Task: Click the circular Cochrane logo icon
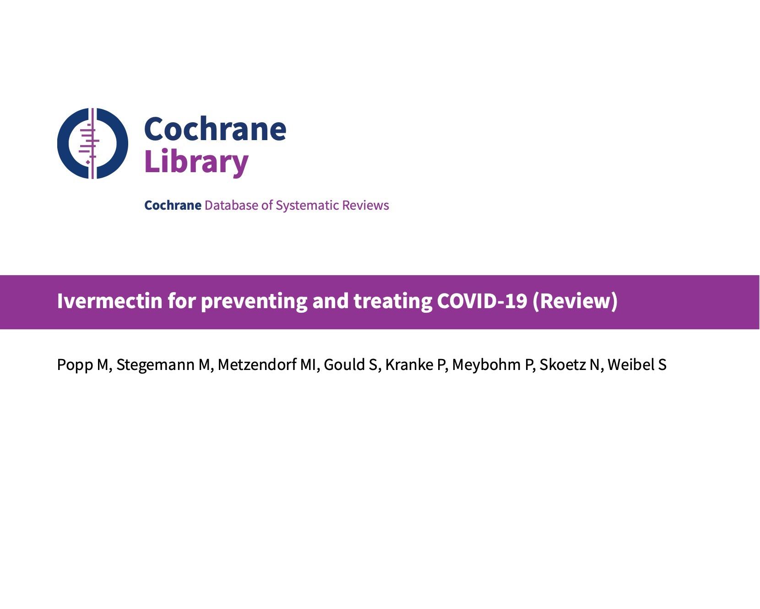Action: [x=92, y=143]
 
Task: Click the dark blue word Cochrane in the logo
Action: [x=215, y=129]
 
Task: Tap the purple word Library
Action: [x=196, y=162]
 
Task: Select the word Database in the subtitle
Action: [x=231, y=205]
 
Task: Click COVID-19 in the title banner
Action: [x=482, y=301]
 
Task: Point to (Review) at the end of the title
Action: [x=575, y=301]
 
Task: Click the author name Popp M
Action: [x=82, y=365]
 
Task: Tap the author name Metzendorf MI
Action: [x=267, y=365]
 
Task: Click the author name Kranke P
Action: [x=415, y=365]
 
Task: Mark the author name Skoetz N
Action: [x=570, y=365]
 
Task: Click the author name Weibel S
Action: [x=637, y=365]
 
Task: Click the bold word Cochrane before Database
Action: [x=173, y=205]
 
